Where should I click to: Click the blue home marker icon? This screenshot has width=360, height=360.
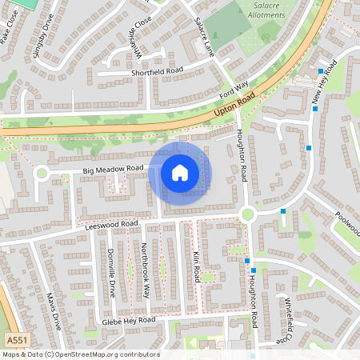click(x=179, y=173)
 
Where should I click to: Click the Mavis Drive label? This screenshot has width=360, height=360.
click(x=53, y=311)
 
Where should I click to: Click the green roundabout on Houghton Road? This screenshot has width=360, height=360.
click(x=247, y=214)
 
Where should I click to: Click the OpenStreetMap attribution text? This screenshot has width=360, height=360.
click(x=80, y=354)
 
